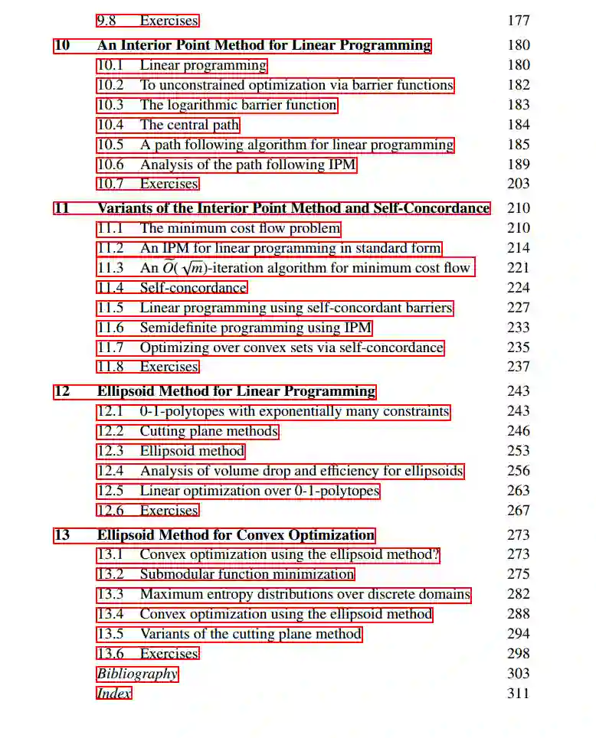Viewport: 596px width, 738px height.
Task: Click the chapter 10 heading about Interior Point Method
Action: pyautogui.click(x=264, y=45)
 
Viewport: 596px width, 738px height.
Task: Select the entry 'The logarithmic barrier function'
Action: pyautogui.click(x=237, y=105)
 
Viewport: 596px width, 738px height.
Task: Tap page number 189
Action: pyautogui.click(x=519, y=164)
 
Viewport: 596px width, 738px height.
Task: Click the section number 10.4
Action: pyautogui.click(x=110, y=125)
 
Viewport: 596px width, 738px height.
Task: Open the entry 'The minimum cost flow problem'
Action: pyautogui.click(x=240, y=228)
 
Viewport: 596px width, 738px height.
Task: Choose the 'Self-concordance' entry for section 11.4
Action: pyautogui.click(x=193, y=288)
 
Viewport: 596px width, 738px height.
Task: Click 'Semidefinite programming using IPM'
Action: pyautogui.click(x=255, y=328)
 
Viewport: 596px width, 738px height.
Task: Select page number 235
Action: pyautogui.click(x=519, y=348)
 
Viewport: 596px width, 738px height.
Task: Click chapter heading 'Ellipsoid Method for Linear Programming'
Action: pyautogui.click(x=236, y=391)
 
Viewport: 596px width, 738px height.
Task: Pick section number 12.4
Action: pyautogui.click(x=110, y=471)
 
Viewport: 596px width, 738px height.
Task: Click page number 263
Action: pyautogui.click(x=519, y=491)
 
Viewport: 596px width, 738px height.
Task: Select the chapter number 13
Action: pyautogui.click(x=62, y=534)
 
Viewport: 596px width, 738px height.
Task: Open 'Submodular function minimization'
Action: pyautogui.click(x=247, y=574)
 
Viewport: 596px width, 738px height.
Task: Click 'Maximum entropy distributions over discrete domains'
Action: pyautogui.click(x=304, y=594)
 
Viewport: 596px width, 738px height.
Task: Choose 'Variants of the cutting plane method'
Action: pyautogui.click(x=250, y=634)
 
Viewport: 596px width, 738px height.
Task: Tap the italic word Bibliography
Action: pyautogui.click(x=137, y=674)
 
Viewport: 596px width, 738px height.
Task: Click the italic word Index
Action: pyautogui.click(x=113, y=694)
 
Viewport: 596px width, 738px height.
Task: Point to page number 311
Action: pyautogui.click(x=519, y=694)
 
